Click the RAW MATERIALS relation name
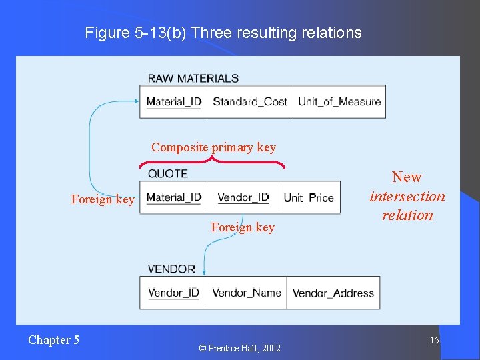193,78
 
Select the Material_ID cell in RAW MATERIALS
173,102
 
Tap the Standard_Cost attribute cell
249,102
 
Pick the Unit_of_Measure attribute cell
339,102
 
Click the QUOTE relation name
167,173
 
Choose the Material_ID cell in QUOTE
173,197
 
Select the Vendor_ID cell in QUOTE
243,197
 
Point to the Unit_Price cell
309,198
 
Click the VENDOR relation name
171,269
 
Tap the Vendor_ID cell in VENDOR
173,293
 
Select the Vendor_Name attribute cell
247,293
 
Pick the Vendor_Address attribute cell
333,293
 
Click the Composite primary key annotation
213,147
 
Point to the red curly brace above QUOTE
212,161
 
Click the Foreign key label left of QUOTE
103,199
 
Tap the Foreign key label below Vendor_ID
243,227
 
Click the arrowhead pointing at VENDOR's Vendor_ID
205,271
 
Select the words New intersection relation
407,196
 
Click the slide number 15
434,341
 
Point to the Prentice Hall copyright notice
239,348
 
